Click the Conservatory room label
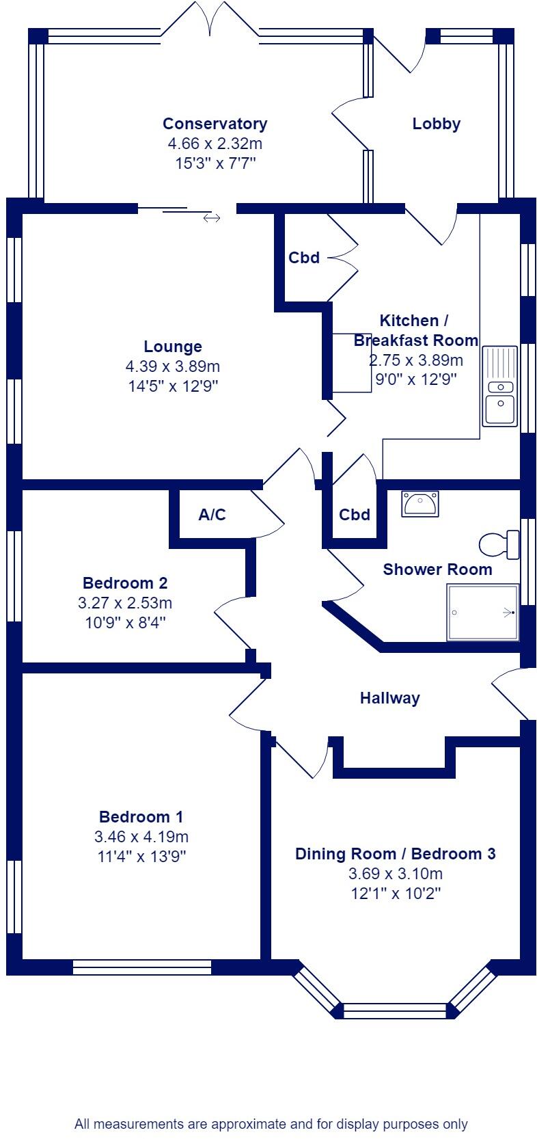215,124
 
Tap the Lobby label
436,124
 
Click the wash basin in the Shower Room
420,504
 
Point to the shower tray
482,612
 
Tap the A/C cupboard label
212,515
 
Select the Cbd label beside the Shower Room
355,515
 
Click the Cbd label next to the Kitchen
304,258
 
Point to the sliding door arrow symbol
212,218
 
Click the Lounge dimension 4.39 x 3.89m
173,366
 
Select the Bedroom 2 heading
125,583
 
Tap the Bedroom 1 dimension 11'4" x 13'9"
141,856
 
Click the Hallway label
389,698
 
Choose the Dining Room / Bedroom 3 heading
395,854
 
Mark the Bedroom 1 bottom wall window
142,967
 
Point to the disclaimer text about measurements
271,1124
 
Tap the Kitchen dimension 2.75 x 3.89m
416,360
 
